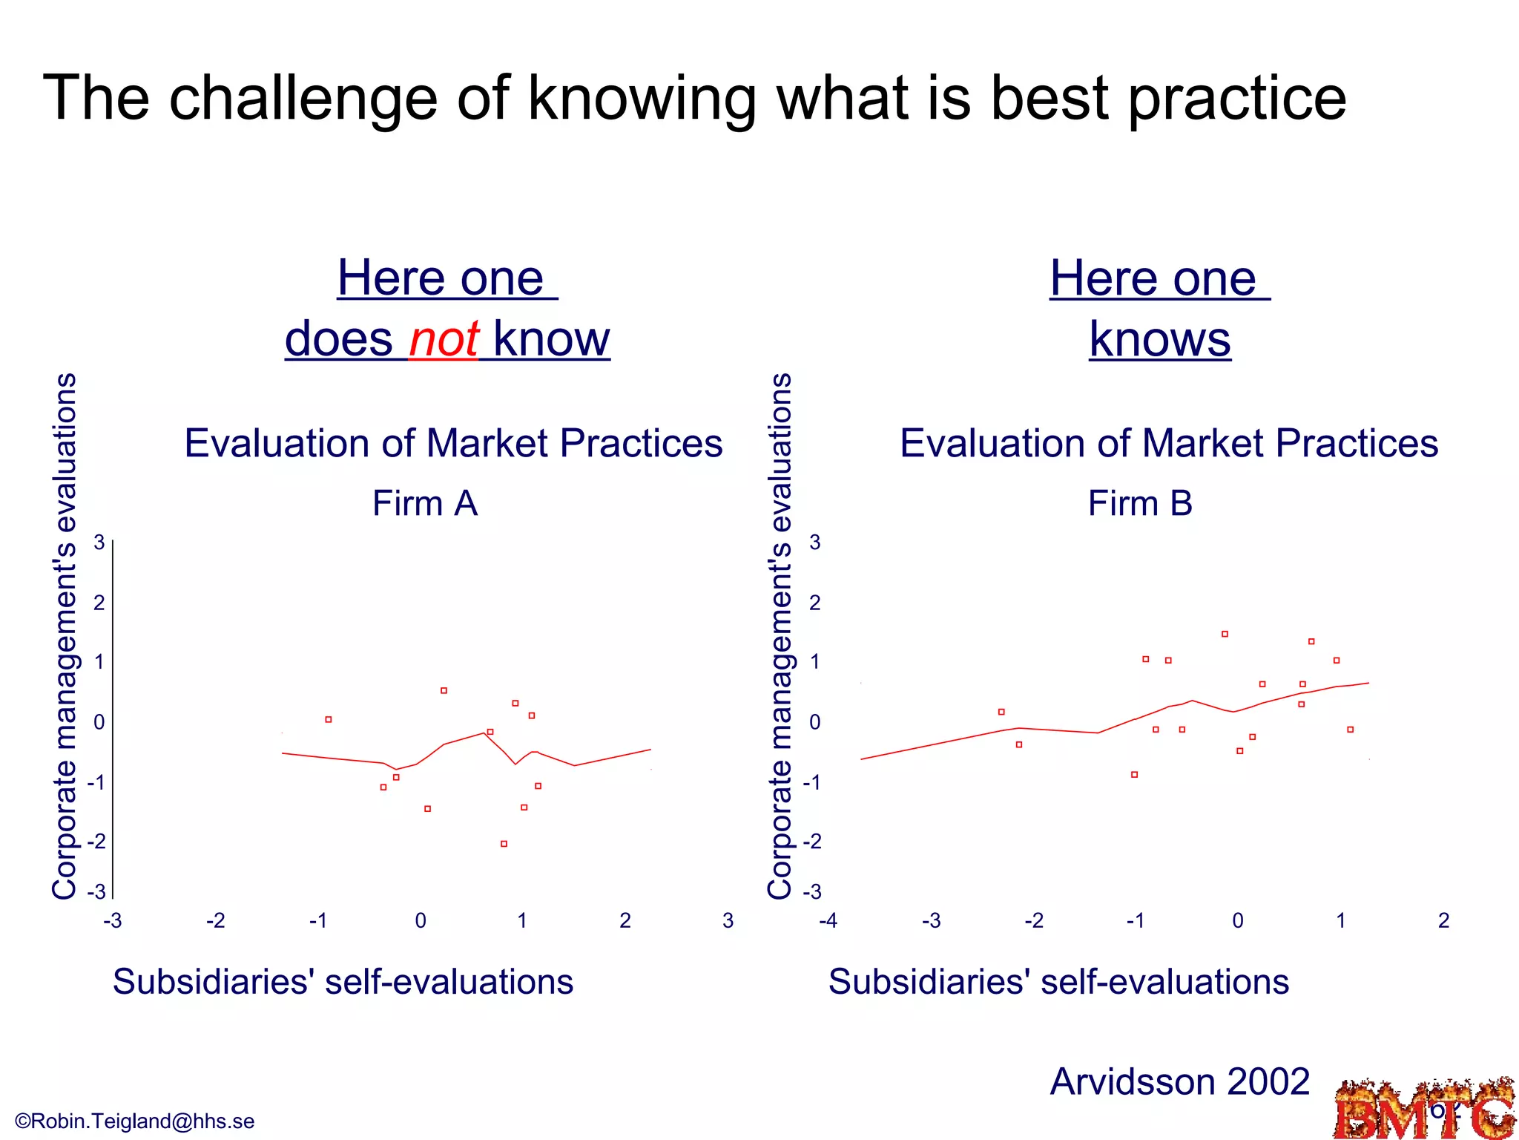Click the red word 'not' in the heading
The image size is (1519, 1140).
[x=444, y=339]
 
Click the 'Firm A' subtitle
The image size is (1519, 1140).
[x=424, y=503]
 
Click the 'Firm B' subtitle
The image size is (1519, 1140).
[x=1140, y=503]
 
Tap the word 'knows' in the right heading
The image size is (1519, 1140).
[x=1160, y=339]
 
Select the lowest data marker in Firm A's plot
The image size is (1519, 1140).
[x=504, y=844]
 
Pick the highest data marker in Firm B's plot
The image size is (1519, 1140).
[x=1225, y=634]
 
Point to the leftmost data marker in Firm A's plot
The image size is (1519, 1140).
[x=329, y=719]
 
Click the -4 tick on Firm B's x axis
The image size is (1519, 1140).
[x=828, y=921]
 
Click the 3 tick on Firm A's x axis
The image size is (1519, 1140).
[x=728, y=921]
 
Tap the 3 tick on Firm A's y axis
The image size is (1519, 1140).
[x=99, y=543]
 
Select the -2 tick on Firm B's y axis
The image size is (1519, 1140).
[x=813, y=842]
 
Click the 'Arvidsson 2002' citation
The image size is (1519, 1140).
[x=1179, y=1081]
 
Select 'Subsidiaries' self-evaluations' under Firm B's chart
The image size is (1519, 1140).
[x=1058, y=981]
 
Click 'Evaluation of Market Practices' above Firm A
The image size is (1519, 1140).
[x=453, y=443]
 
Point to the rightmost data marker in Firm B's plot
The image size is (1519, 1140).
[x=1351, y=730]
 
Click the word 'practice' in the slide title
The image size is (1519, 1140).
[x=1236, y=98]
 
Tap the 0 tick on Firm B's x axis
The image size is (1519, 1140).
[x=1238, y=921]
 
